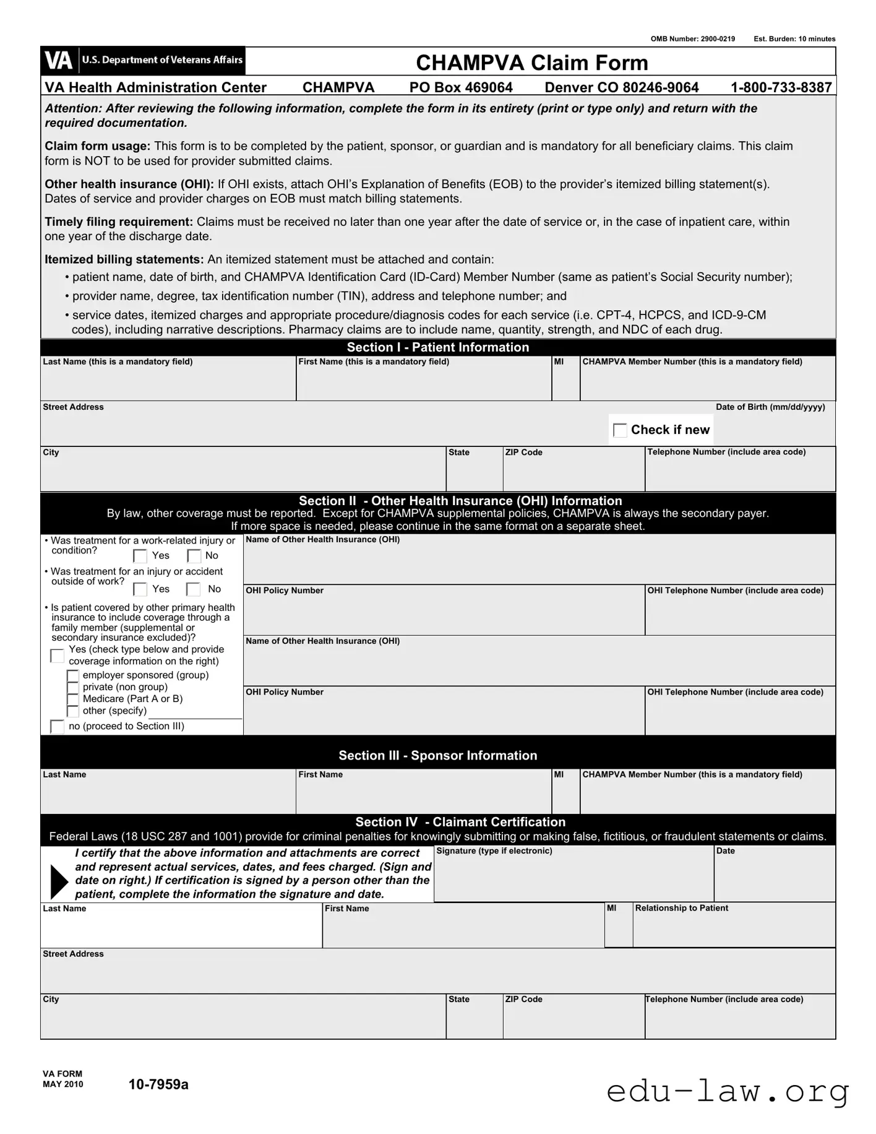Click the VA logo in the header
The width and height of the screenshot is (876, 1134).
59,61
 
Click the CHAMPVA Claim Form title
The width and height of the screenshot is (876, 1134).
531,63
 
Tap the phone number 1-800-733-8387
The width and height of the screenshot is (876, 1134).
781,87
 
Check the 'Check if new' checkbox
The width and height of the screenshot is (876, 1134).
619,430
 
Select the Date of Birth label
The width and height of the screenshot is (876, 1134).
770,407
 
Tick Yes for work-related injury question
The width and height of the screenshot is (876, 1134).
140,556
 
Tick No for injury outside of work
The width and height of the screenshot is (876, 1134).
194,589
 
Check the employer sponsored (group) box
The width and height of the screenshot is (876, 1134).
73,675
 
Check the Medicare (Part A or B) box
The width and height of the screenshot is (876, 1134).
73,699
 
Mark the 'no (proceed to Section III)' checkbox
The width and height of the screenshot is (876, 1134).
57,727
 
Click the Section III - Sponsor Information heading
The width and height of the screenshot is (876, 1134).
437,755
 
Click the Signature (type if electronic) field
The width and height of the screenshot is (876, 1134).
573,879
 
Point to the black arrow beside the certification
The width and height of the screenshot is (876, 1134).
59,882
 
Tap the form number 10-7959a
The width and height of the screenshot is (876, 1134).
158,1084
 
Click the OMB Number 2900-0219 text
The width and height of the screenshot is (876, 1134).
692,39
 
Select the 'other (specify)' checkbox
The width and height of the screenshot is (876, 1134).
73,711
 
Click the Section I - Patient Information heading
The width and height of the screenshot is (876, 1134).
437,347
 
